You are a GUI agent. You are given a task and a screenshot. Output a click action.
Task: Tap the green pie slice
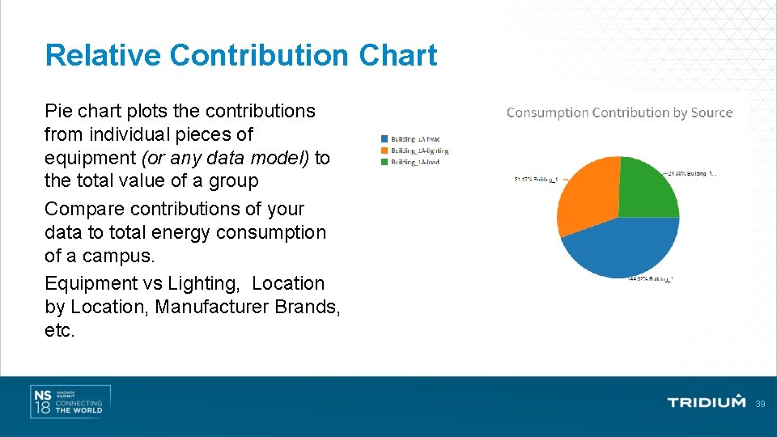(647, 188)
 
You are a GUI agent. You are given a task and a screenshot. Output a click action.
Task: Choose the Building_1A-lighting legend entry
(414, 151)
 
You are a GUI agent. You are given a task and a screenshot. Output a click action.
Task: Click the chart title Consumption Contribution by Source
(619, 112)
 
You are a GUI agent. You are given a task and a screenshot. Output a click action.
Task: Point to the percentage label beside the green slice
(691, 172)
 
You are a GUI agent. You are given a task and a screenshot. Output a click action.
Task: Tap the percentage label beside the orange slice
(536, 180)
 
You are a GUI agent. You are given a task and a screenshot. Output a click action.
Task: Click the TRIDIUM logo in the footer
(706, 402)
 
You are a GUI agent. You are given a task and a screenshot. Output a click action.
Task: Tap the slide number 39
(760, 403)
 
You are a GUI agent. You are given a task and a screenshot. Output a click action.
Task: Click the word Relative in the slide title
(104, 55)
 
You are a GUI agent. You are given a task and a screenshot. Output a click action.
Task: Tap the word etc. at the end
(60, 331)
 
